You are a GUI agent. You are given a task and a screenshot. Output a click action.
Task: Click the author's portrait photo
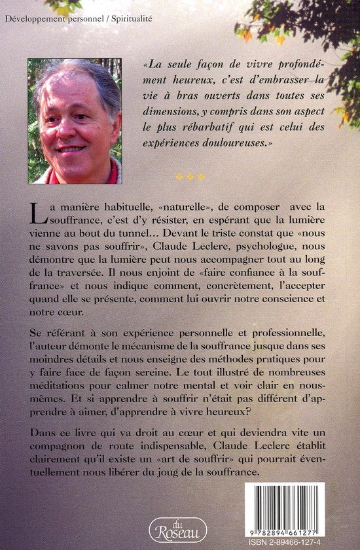(x=74, y=121)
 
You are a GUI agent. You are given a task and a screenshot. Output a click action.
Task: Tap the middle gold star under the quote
(x=190, y=177)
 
